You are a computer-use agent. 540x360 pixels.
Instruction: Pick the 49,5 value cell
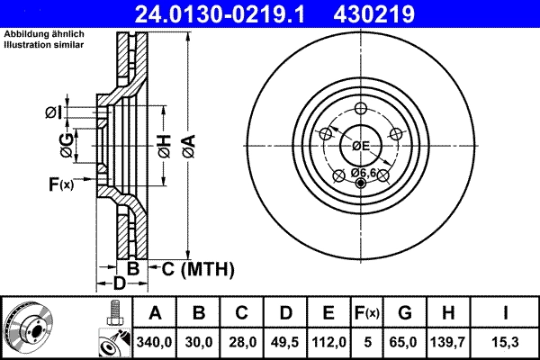click(x=285, y=343)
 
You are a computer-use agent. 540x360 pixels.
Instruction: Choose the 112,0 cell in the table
click(x=328, y=343)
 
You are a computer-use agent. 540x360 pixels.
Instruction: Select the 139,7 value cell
click(x=453, y=343)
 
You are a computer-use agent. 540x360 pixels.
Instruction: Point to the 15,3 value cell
click(x=507, y=343)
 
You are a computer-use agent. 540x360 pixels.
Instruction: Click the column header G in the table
click(x=405, y=314)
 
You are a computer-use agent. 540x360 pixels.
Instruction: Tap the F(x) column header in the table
click(x=367, y=314)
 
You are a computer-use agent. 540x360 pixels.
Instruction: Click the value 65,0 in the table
click(x=405, y=343)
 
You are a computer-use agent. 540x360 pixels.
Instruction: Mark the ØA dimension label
click(x=187, y=144)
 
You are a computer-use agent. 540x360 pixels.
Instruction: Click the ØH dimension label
click(x=164, y=144)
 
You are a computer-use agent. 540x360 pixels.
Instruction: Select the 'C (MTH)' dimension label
click(x=193, y=268)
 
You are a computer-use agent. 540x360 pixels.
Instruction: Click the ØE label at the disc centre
click(x=361, y=146)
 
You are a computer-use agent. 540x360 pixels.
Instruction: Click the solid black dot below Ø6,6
click(x=362, y=184)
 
